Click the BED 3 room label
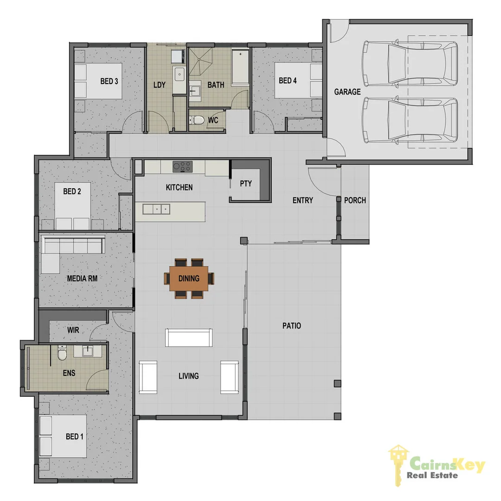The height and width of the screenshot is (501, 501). pos(109,81)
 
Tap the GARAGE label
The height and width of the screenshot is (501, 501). pos(347,92)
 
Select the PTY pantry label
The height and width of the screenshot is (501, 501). pos(246,183)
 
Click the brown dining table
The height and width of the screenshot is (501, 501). pos(189,279)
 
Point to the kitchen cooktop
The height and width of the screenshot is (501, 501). pos(182,167)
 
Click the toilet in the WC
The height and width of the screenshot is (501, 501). pos(198,120)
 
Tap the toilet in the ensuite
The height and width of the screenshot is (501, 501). pos(61,355)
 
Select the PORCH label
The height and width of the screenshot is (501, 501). pos(355,200)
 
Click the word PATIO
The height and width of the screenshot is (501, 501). pos(291,326)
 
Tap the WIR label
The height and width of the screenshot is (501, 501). pos(73,330)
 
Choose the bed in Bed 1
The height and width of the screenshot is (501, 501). pos(63,436)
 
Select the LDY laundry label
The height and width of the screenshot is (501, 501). pos(159,85)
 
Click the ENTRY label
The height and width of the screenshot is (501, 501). pos(302,200)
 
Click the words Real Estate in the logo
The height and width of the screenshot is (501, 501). pos(432,475)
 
